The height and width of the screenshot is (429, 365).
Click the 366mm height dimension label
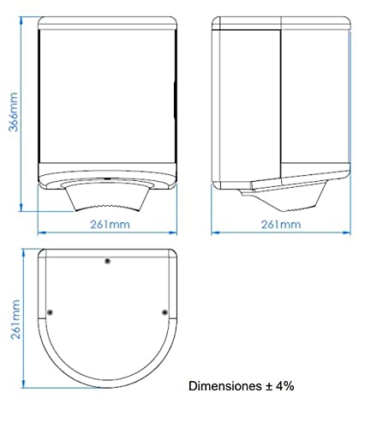(13, 112)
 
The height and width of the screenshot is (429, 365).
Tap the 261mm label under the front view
(110, 225)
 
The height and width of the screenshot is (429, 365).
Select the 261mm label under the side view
(281, 225)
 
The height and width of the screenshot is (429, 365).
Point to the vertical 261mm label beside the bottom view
(15, 319)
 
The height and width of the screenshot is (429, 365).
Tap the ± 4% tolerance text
(279, 386)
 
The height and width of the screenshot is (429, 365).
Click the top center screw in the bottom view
(107, 261)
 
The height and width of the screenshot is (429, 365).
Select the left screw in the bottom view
(51, 312)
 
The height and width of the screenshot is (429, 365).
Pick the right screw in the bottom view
(165, 312)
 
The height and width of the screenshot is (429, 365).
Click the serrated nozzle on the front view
(107, 198)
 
